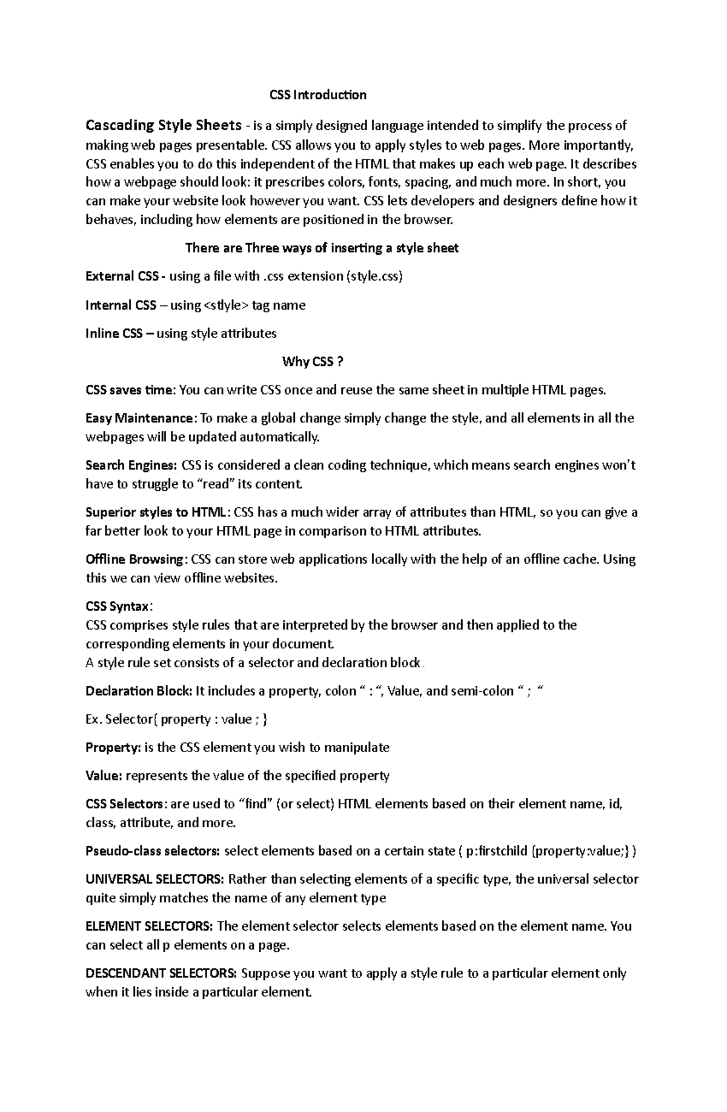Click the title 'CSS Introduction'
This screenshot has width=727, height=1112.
click(317, 95)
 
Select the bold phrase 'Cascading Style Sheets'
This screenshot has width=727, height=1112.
click(164, 125)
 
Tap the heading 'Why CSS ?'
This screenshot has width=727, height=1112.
click(313, 362)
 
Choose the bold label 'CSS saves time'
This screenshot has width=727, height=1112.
click(130, 390)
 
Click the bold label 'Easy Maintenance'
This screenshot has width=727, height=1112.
click(140, 418)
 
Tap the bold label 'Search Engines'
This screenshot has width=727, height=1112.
click(130, 465)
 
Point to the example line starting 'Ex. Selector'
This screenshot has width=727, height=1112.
click(176, 719)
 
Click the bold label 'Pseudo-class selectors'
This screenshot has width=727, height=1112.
click(152, 851)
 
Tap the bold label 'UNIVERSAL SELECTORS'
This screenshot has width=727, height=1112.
click(154, 879)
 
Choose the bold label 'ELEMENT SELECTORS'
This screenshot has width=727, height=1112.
click(148, 926)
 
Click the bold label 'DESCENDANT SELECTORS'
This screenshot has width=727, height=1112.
click(161, 973)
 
